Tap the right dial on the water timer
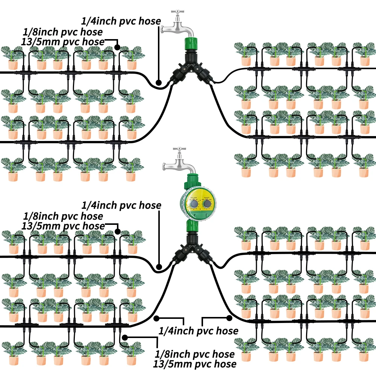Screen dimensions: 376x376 pyautogui.click(x=206, y=204)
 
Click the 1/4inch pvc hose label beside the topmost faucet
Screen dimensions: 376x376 pyautogui.click(x=121, y=21)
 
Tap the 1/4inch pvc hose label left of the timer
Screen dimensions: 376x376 pyautogui.click(x=121, y=205)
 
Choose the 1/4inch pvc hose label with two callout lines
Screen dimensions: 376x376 pyautogui.click(x=199, y=331)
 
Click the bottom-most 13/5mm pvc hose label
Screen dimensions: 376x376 pyautogui.click(x=195, y=364)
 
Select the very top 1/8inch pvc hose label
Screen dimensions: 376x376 pyautogui.click(x=63, y=32)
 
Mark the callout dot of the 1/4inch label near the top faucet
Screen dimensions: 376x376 pyautogui.click(x=159, y=82)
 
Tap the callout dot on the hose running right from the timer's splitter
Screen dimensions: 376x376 pyautogui.click(x=229, y=317)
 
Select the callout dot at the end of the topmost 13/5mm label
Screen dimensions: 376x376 pyautogui.click(x=117, y=48)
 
